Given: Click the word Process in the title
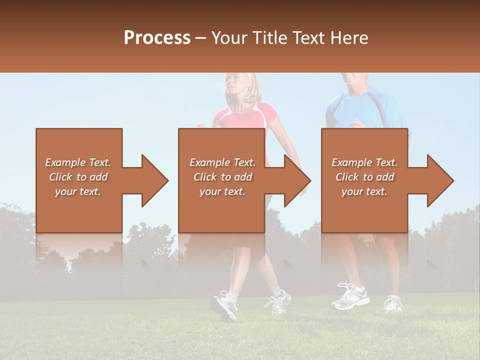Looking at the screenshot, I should [x=157, y=37].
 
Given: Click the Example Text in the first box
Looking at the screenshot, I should [x=78, y=162].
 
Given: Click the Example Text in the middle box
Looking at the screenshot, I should [x=222, y=162].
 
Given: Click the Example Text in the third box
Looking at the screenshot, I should [x=364, y=162].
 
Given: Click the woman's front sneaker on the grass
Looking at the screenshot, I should [x=224, y=304].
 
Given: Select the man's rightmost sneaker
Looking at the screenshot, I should [x=394, y=303].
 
